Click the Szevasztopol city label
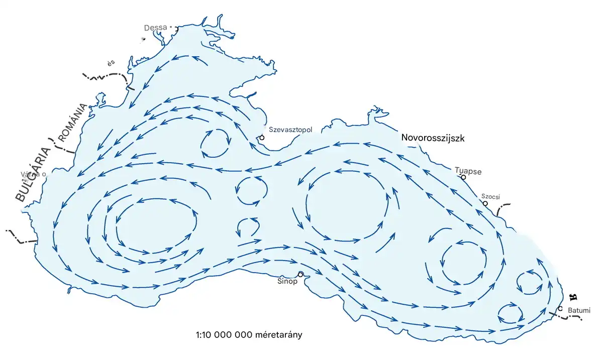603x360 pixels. click(x=291, y=130)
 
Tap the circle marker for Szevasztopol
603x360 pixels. click(x=262, y=137)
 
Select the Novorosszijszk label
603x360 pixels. click(x=433, y=137)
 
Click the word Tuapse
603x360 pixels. click(x=468, y=171)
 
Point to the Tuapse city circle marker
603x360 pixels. click(x=463, y=177)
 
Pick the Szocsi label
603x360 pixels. click(x=491, y=197)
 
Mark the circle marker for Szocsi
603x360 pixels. click(x=485, y=203)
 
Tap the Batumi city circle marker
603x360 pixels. click(x=560, y=308)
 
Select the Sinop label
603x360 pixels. click(x=287, y=281)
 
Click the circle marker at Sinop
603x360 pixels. click(x=300, y=274)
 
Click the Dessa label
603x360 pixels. click(x=155, y=28)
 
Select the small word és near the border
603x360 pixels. click(x=111, y=63)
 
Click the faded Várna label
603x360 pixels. click(x=32, y=175)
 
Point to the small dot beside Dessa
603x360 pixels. click(x=170, y=27)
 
